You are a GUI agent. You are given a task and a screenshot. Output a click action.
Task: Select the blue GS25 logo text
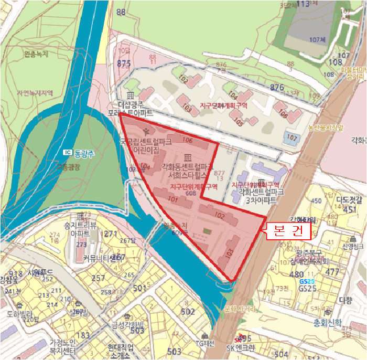point(305,282)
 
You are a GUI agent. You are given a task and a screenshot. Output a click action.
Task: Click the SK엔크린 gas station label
point(240,348)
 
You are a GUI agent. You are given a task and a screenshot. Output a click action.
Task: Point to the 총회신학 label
point(327,322)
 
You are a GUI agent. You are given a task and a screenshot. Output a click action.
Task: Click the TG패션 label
point(205,343)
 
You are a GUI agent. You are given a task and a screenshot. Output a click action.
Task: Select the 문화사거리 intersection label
point(239,309)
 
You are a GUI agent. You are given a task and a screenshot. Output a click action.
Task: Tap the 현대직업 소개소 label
point(121,350)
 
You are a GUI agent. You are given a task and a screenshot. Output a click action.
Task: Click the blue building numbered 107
point(292,138)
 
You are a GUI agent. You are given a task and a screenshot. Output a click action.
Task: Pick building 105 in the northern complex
point(239,121)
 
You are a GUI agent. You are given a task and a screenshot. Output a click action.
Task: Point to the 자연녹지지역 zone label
point(35,93)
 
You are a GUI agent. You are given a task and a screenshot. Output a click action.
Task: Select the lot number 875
point(124,63)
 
